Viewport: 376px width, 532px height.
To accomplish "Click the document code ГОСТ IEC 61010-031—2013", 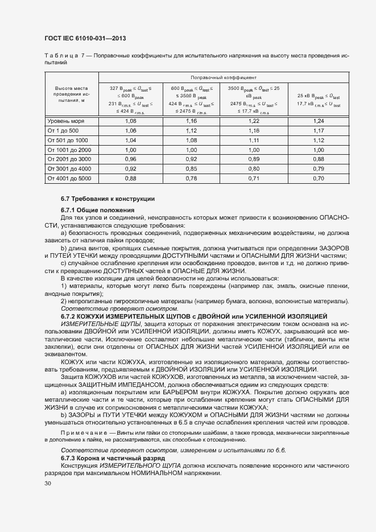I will (x=85, y=38).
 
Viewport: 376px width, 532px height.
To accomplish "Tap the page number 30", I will (x=48, y=484).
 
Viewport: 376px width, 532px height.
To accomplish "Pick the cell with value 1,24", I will (x=318, y=121).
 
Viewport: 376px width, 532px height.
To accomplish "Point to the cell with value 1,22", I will (x=253, y=121).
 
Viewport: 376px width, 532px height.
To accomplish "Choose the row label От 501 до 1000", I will (x=68, y=140).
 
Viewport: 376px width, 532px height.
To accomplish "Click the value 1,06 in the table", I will (x=130, y=130).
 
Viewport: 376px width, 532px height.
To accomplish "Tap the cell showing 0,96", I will (x=130, y=159).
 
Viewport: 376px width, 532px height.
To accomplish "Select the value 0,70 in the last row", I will (x=318, y=178).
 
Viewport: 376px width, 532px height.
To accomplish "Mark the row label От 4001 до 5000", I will (x=69, y=178).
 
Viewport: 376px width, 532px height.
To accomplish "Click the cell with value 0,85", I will (x=191, y=168).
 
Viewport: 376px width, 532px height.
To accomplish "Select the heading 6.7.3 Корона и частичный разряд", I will (x=113, y=458).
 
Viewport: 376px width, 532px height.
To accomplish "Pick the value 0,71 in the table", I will (x=253, y=178).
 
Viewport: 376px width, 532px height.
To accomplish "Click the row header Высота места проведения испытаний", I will (x=71, y=94).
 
